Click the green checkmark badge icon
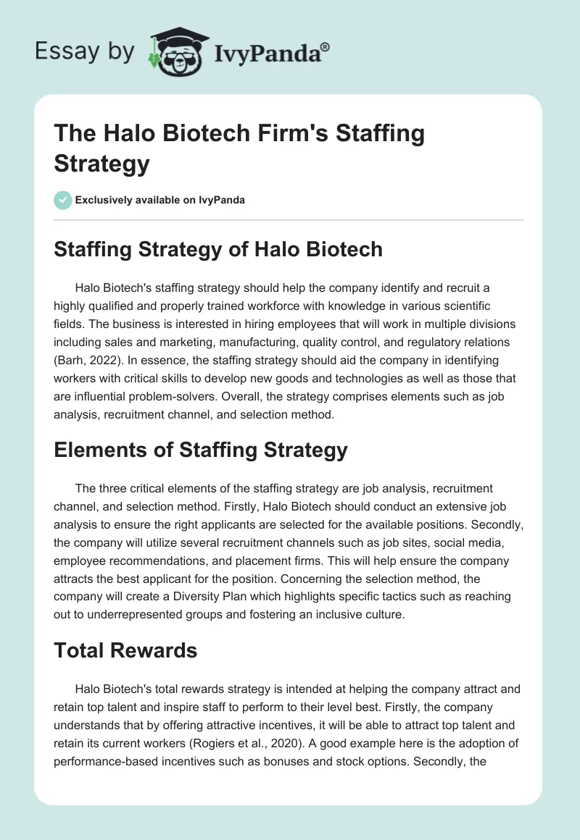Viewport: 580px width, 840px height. [x=63, y=200]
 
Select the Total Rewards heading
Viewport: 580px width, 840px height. [x=125, y=650]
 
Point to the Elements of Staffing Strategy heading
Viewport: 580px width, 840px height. [x=201, y=450]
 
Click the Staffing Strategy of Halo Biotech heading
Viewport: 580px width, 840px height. [x=218, y=250]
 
